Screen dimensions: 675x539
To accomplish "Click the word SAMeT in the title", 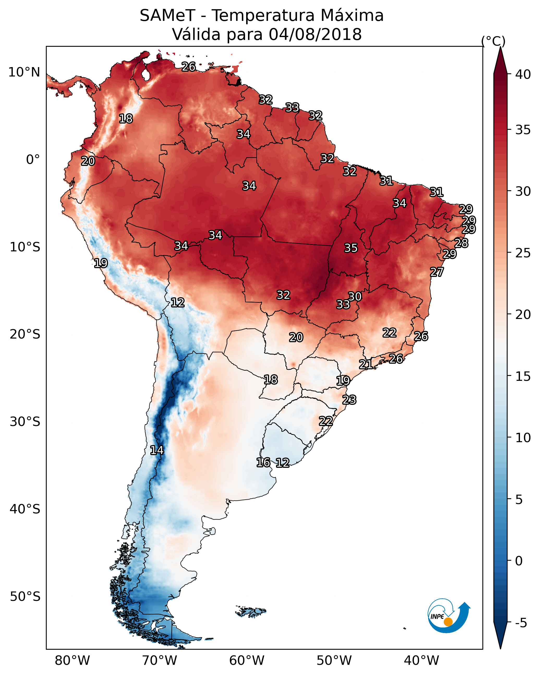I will coord(167,16).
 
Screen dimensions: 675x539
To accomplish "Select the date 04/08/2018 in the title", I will coord(315,34).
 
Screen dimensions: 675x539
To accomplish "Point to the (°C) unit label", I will coord(493,41).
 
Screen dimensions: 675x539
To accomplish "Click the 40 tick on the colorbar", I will coord(523,74).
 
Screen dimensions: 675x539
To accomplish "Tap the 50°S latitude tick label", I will coord(25,597).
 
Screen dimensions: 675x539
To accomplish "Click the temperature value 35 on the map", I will coord(351,248).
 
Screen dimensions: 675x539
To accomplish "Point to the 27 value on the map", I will coord(437,272).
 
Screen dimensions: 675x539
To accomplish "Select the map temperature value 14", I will coord(157,450).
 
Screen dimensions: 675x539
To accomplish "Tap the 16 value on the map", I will coord(263,463).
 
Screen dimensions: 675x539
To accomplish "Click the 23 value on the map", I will coord(349,400).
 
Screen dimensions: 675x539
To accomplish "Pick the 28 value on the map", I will coord(461,243).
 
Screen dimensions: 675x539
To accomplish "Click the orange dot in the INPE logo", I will coord(448,622).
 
